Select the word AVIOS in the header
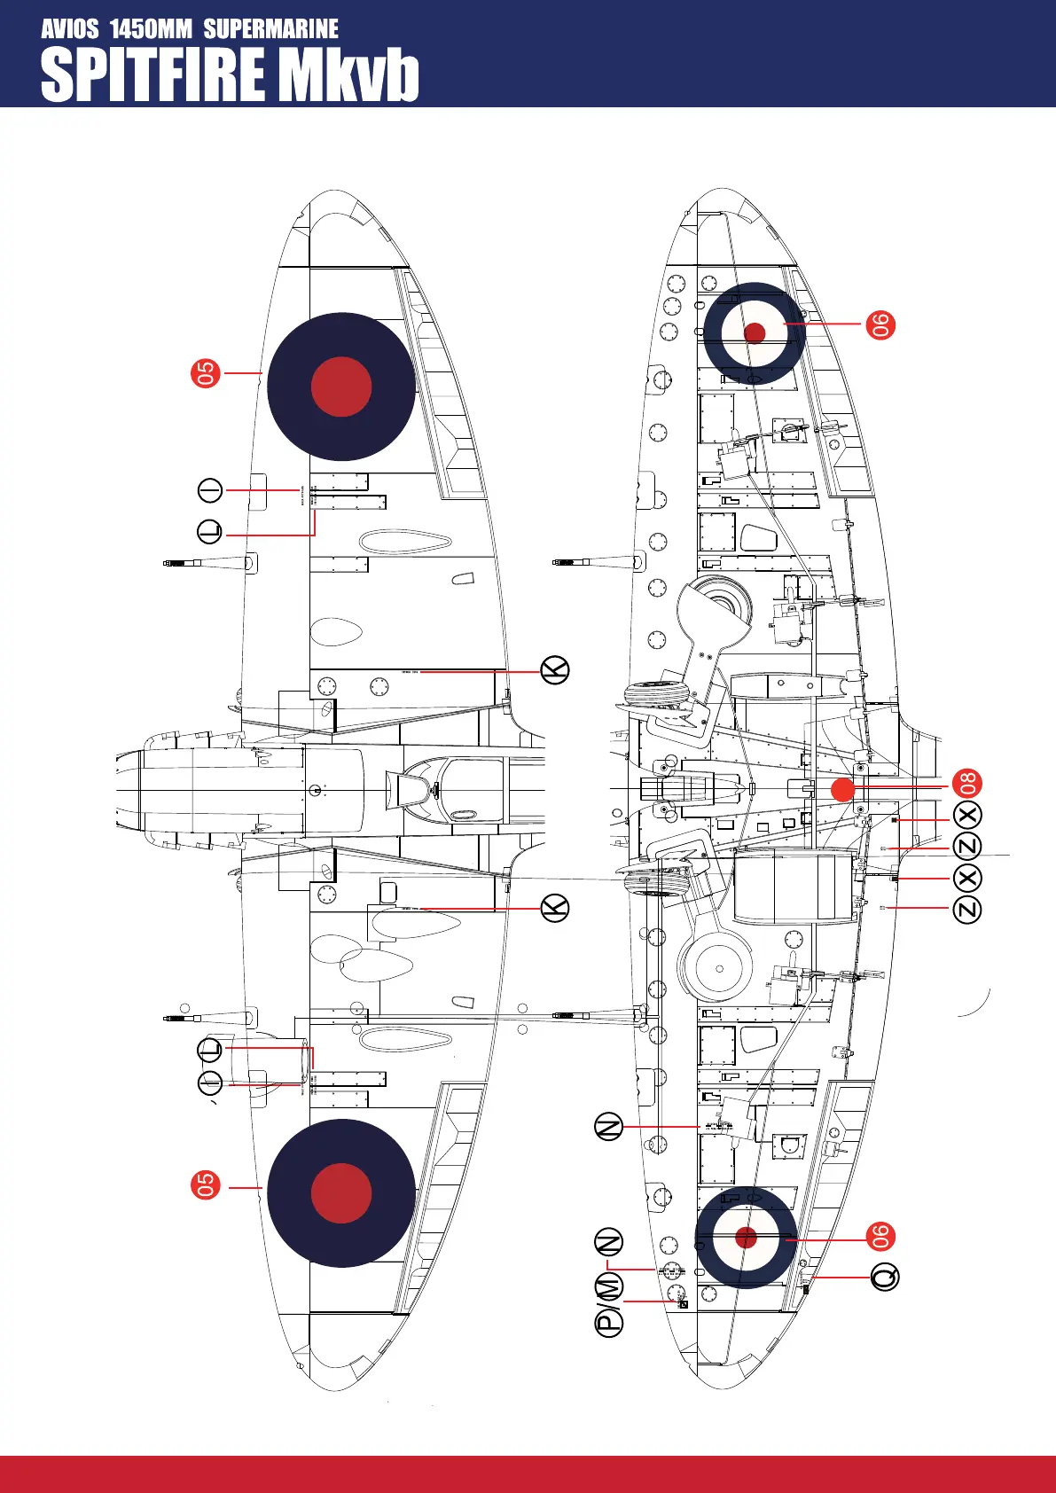coord(70,29)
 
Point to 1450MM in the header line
coord(151,29)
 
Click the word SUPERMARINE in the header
coord(270,29)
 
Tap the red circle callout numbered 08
coord(967,784)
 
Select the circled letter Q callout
coord(885,1277)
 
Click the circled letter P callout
coord(609,1321)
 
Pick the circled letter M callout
coord(609,1286)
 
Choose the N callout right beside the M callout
coord(609,1243)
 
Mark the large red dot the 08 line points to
coord(842,788)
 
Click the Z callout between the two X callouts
coord(967,846)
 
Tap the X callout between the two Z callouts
coord(967,878)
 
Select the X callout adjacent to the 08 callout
coord(967,816)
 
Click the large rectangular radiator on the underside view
coord(794,887)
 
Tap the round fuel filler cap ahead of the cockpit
coord(316,789)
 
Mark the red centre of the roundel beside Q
coord(747,1238)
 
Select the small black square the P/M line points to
coord(683,1304)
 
